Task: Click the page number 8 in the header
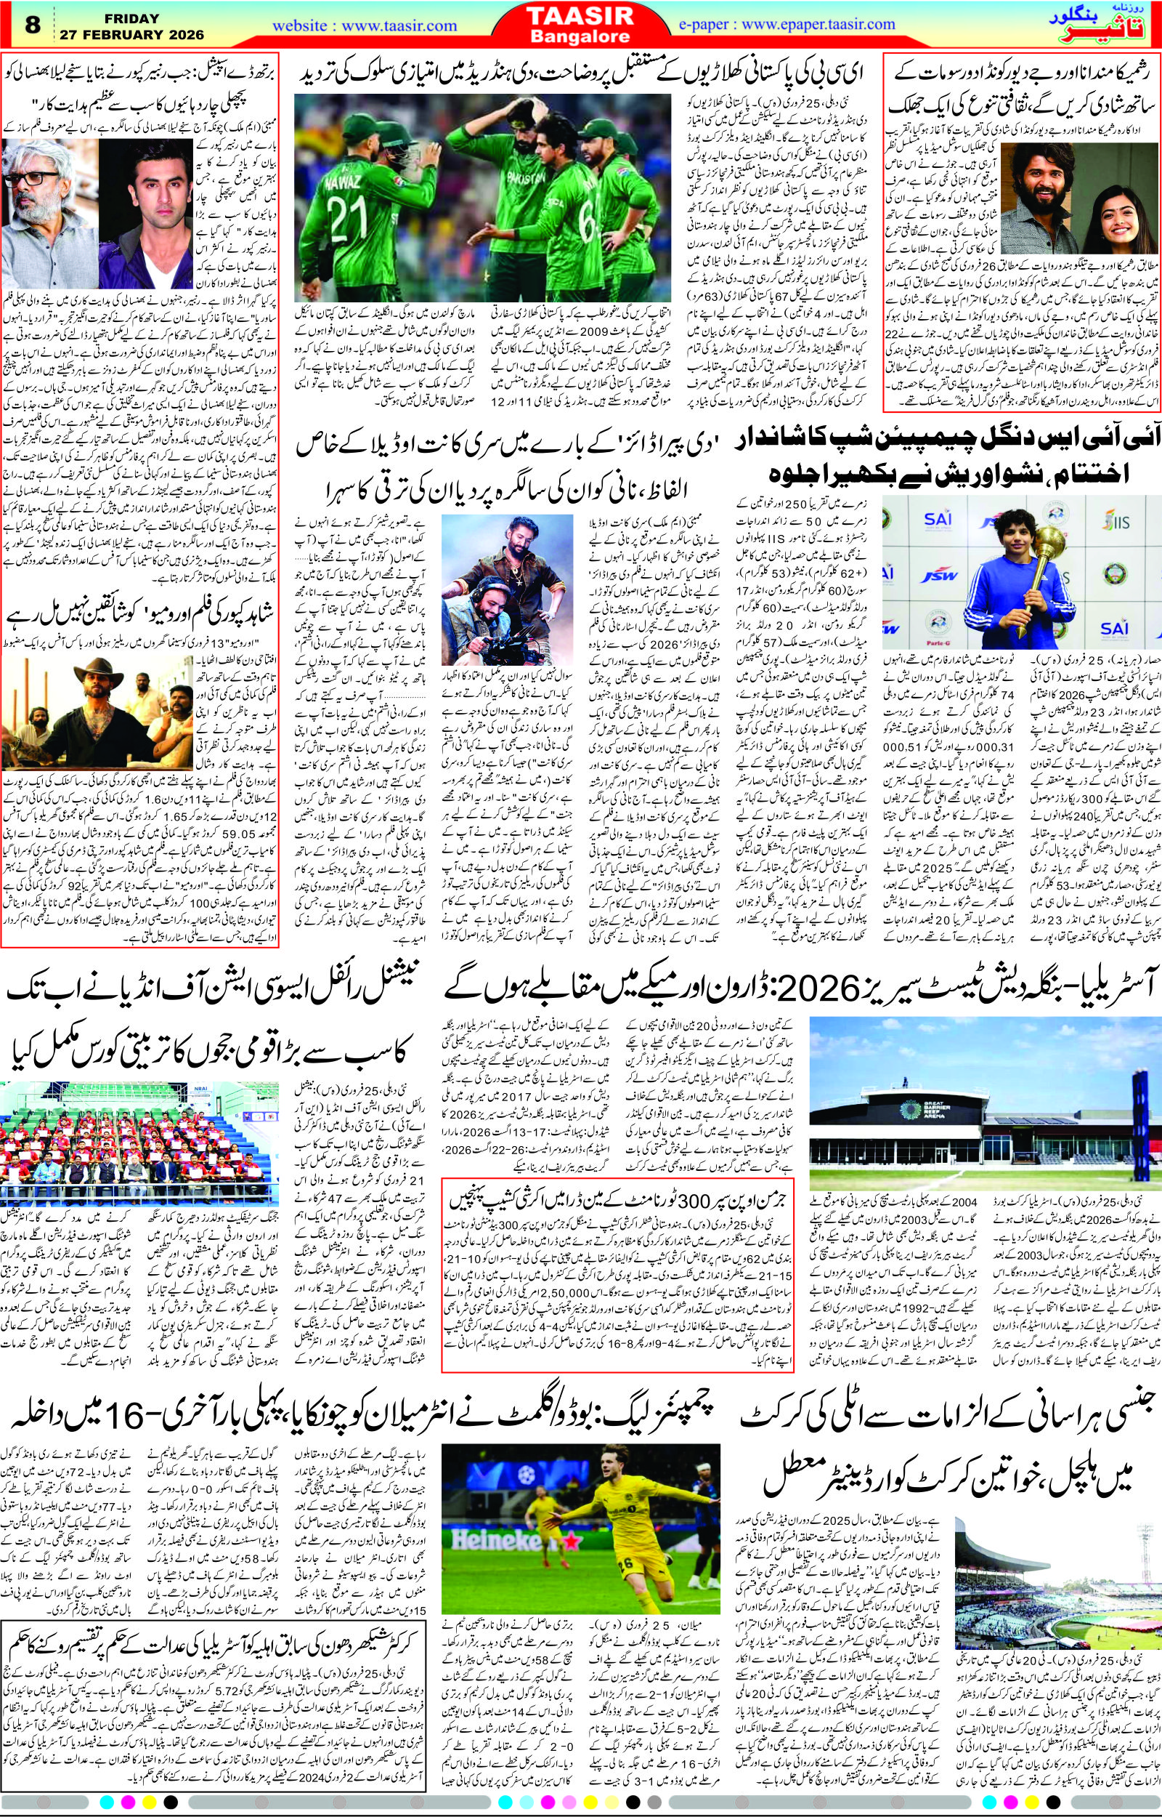point(32,25)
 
